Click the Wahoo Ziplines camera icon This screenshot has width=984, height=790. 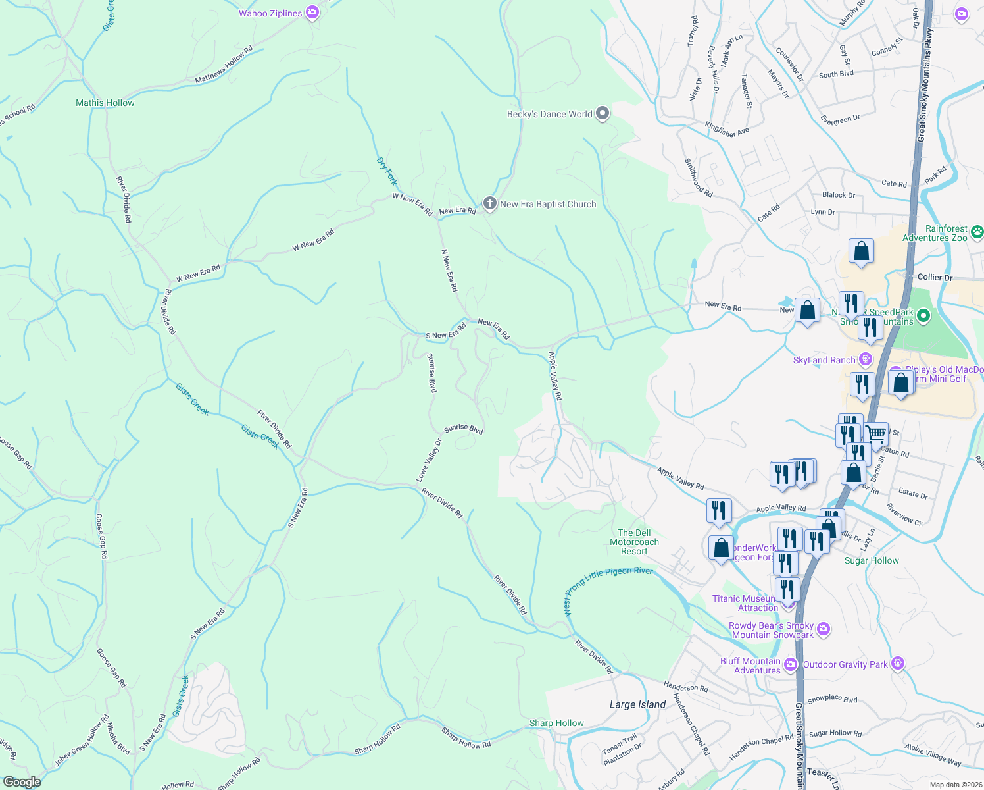coord(313,13)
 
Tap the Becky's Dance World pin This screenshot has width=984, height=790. coord(602,114)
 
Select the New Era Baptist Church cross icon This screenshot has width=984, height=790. coord(489,203)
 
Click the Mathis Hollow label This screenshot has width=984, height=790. coord(105,103)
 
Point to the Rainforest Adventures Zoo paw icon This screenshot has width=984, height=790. coord(977,232)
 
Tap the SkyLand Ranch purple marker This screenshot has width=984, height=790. coord(866,359)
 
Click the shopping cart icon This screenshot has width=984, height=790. coord(876,434)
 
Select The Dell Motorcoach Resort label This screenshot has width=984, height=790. coord(634,542)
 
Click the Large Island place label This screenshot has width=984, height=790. coord(637,704)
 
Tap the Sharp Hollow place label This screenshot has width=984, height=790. coord(556,723)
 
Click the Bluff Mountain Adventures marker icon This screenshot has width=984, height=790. coord(791,664)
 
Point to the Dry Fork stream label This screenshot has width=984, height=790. coord(387,171)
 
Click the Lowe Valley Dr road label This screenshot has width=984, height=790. coord(429,460)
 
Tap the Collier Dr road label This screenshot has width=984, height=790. coord(935,277)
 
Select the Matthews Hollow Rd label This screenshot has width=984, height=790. coord(224,65)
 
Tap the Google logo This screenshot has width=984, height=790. coord(22,781)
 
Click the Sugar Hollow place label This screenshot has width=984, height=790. coord(872,560)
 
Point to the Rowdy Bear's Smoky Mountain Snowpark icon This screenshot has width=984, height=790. coord(824,629)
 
